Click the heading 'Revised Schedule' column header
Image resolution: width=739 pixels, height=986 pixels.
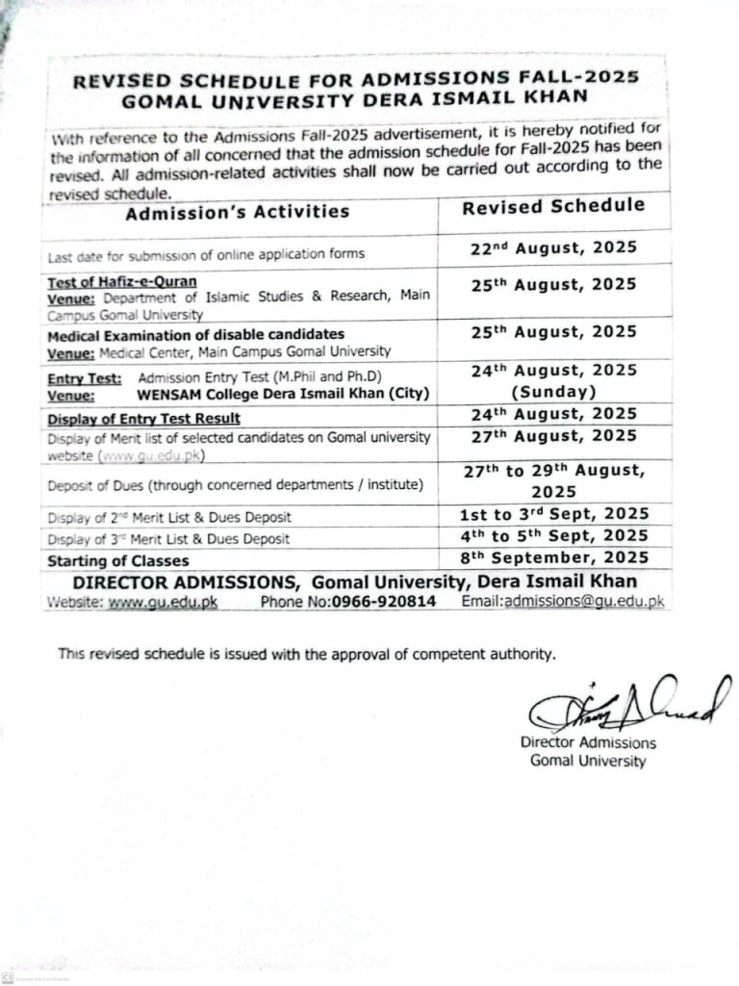[553, 206]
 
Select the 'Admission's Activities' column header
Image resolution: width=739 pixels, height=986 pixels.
[237, 212]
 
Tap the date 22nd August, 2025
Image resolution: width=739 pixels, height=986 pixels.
[553, 247]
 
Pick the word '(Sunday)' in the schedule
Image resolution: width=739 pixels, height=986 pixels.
[553, 392]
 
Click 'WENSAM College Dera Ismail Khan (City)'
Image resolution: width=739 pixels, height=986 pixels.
[268, 394]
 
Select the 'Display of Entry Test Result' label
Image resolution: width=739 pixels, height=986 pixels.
[143, 418]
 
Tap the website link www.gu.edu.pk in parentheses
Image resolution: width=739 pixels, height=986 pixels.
[150, 455]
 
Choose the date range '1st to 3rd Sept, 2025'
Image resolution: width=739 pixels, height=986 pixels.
[553, 514]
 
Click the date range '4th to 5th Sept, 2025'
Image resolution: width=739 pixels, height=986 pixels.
[553, 536]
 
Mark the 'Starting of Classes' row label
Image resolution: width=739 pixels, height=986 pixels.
[118, 560]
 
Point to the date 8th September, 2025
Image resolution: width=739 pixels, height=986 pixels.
[553, 558]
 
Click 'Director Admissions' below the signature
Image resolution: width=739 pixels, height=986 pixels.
[588, 742]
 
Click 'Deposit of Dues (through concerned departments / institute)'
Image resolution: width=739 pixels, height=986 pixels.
[236, 484]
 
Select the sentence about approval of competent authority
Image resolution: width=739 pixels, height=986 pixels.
[307, 654]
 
